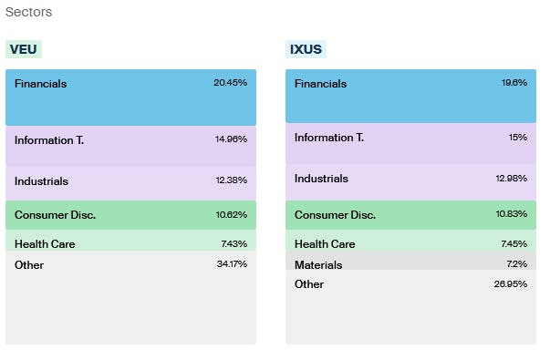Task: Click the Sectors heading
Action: tap(28, 13)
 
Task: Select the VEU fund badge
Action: tap(24, 49)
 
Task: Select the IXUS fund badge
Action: tap(306, 49)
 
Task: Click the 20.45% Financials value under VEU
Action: tap(230, 83)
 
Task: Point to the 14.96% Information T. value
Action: tap(230, 139)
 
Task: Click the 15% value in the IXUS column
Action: tap(518, 137)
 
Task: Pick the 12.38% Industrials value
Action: tap(231, 180)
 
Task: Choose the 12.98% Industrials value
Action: tap(511, 178)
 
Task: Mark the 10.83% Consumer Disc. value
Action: tap(511, 215)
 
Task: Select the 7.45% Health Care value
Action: tap(514, 243)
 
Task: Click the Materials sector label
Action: tap(318, 264)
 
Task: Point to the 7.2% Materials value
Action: tap(517, 264)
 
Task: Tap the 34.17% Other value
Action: tap(231, 264)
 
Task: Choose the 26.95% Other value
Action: tap(511, 283)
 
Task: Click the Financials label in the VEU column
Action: tap(40, 84)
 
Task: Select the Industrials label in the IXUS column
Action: tap(321, 179)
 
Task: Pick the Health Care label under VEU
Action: tap(45, 244)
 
